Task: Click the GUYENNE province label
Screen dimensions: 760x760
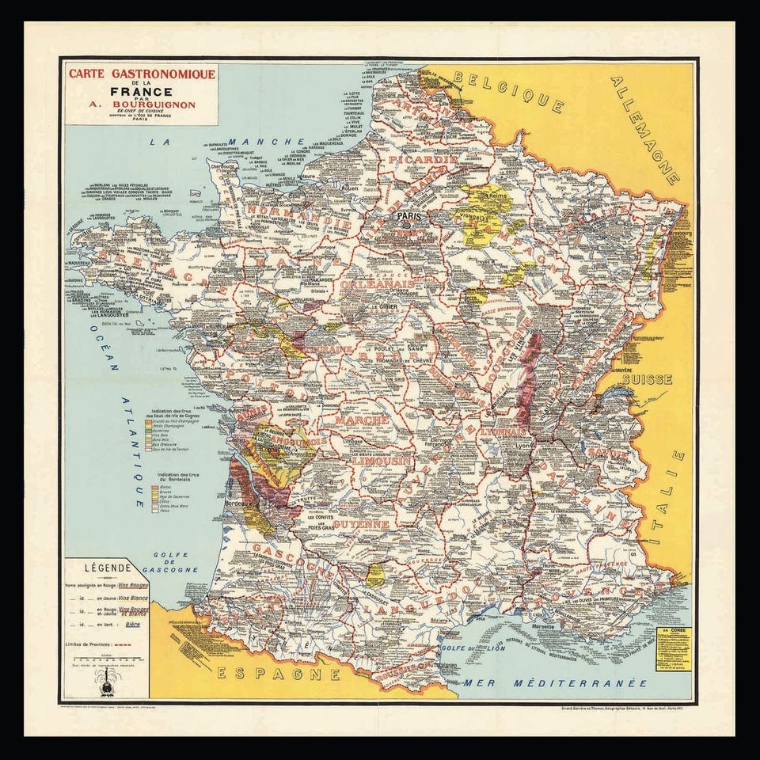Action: pos(360,524)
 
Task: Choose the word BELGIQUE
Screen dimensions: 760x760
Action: pos(515,93)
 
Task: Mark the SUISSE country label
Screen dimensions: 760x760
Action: pos(647,379)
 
